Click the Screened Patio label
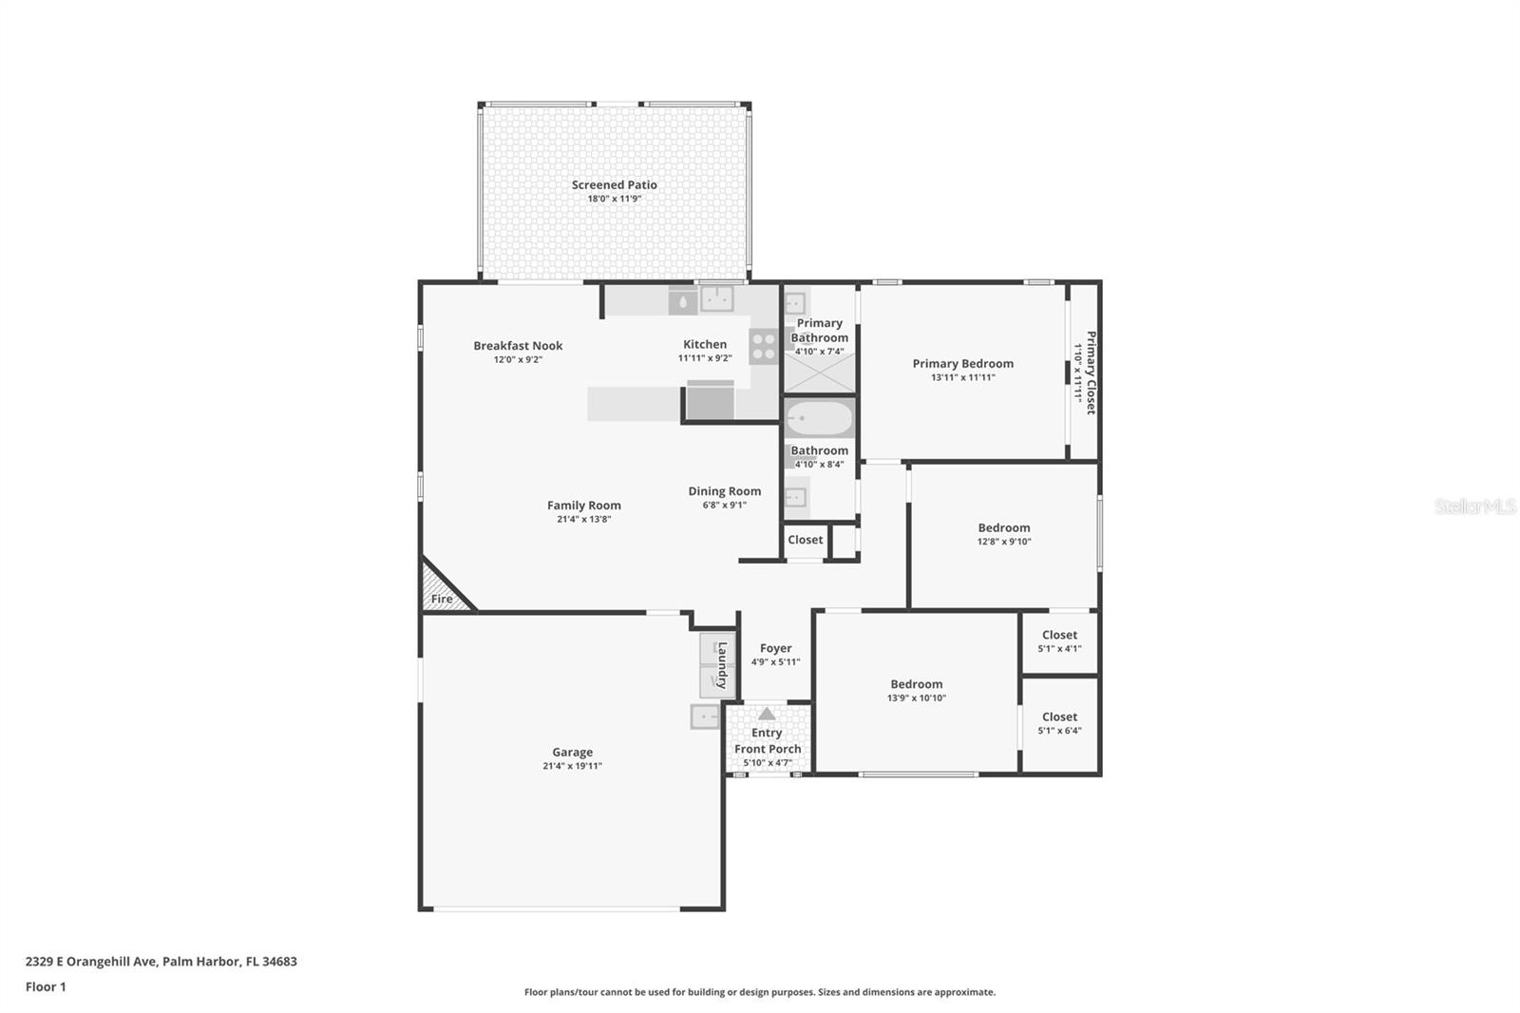pos(614,185)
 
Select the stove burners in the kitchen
pos(764,346)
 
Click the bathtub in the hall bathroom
pos(820,419)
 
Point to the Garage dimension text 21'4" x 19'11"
pos(572,766)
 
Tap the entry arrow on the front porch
pos(767,714)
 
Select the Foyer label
pos(775,648)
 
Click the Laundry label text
pos(722,665)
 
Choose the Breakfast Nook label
pos(518,346)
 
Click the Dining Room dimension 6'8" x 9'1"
pos(724,506)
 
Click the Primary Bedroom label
pos(962,363)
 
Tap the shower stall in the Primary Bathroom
pos(819,376)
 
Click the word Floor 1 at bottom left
pos(46,986)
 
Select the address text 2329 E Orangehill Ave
pos(91,962)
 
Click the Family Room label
pos(583,506)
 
